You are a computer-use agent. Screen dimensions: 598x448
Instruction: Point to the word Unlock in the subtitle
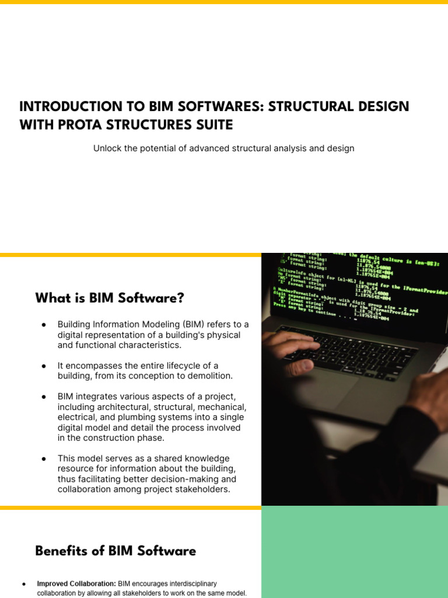tap(107, 148)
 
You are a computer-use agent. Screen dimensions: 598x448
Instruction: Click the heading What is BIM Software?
tap(110, 298)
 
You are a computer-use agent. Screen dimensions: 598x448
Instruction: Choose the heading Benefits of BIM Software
tap(116, 551)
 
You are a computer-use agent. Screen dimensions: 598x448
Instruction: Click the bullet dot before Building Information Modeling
tap(44, 325)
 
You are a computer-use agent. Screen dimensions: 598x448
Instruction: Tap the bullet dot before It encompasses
tap(44, 366)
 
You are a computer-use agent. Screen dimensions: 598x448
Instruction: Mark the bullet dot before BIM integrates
tap(44, 397)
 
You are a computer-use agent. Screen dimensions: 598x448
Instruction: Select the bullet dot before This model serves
tap(44, 458)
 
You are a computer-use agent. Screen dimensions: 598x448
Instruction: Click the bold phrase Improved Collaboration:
tap(76, 583)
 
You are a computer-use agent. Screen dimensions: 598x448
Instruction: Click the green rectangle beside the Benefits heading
tap(355, 551)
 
